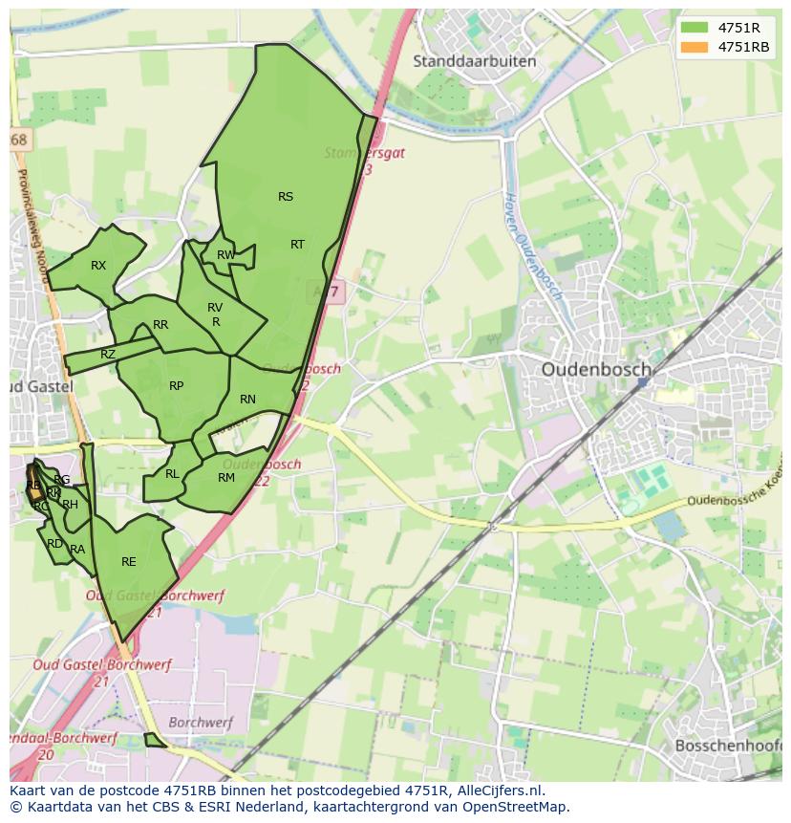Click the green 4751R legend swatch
(695, 29)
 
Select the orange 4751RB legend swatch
(695, 47)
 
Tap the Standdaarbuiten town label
(474, 61)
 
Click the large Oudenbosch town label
(596, 369)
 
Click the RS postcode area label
(286, 197)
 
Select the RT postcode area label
(297, 245)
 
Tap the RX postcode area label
(98, 266)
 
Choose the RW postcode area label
(225, 255)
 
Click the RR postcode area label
(160, 325)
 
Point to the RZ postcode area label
(108, 355)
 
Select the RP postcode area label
(176, 386)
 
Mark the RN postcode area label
(247, 400)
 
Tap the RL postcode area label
(172, 474)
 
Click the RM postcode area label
(226, 478)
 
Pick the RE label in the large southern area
(129, 562)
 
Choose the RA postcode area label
(77, 550)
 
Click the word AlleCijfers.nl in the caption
(497, 791)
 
